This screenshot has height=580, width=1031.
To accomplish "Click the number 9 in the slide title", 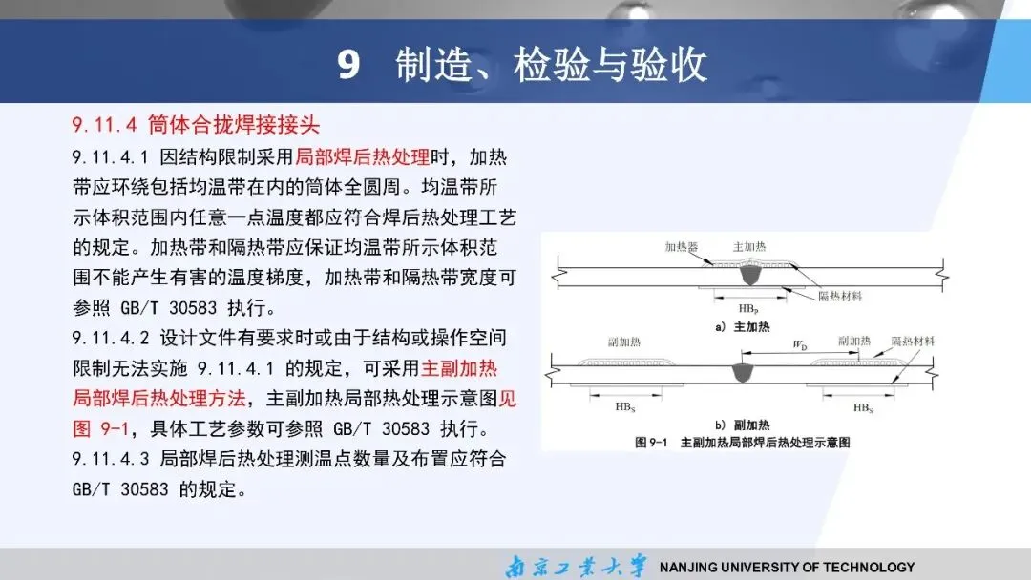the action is (x=349, y=64).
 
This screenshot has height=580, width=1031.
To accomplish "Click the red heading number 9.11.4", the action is (x=105, y=125).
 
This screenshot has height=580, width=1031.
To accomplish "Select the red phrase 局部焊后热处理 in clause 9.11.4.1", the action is (x=363, y=157).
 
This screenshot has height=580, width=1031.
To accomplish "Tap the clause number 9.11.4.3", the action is (x=111, y=459).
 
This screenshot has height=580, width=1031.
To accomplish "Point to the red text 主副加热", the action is (x=459, y=368).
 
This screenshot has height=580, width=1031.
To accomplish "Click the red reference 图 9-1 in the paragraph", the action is (x=100, y=428).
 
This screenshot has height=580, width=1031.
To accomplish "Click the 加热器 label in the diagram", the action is (x=682, y=247).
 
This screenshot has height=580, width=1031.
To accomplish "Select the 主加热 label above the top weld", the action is (x=749, y=247).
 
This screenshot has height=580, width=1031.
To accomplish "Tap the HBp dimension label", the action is (x=748, y=309).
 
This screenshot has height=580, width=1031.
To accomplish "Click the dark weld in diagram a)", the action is (x=749, y=275).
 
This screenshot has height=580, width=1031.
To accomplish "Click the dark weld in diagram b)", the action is (x=743, y=373).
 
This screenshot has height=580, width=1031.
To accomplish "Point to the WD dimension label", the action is (x=800, y=344).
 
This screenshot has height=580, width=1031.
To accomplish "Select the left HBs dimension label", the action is (x=625, y=407).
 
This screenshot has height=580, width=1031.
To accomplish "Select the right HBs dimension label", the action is (x=863, y=408).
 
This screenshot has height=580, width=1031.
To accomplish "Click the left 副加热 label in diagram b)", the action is (x=624, y=342).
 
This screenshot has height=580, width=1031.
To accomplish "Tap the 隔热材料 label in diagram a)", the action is (x=840, y=297).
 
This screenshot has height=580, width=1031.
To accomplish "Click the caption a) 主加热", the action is (x=743, y=326).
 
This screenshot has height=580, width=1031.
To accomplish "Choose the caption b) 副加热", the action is (x=743, y=425).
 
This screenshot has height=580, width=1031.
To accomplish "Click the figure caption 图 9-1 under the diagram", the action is (x=651, y=443).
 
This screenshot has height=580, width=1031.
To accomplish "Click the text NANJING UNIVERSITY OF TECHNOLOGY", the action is (x=787, y=567).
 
